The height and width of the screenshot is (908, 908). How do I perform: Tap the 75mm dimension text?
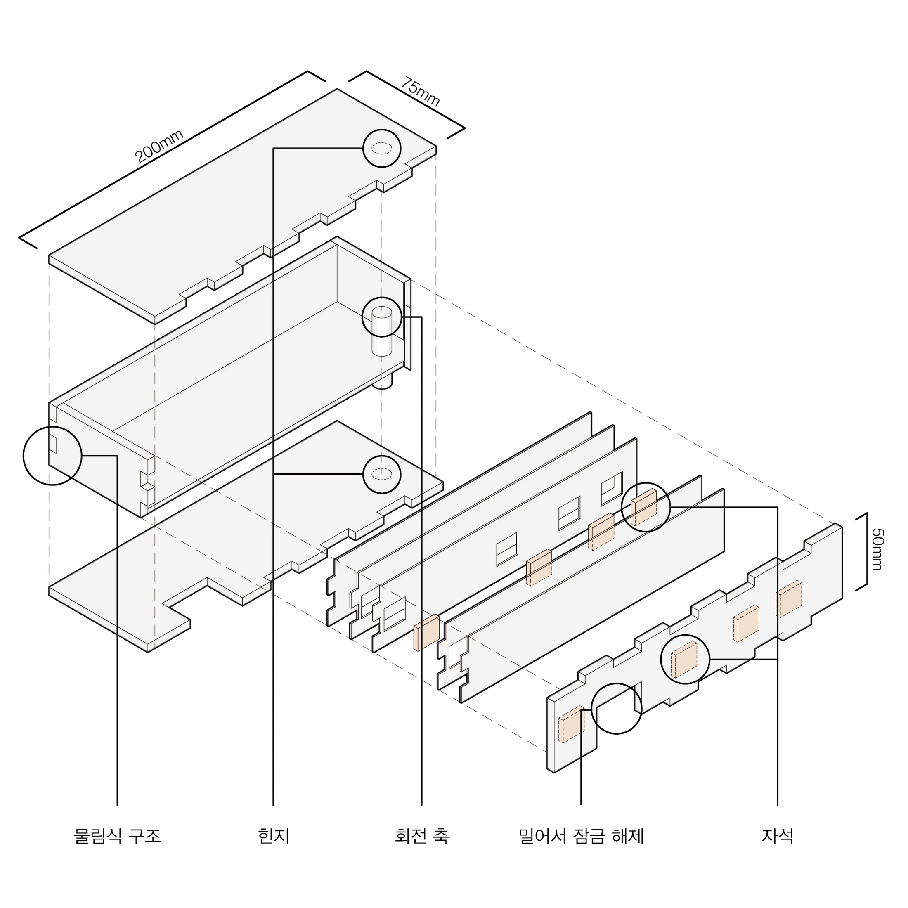coord(420,92)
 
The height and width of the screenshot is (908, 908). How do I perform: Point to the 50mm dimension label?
coord(877,549)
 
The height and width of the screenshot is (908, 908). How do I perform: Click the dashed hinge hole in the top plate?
coord(382,149)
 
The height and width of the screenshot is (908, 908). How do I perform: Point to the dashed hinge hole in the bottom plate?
coord(382,474)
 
